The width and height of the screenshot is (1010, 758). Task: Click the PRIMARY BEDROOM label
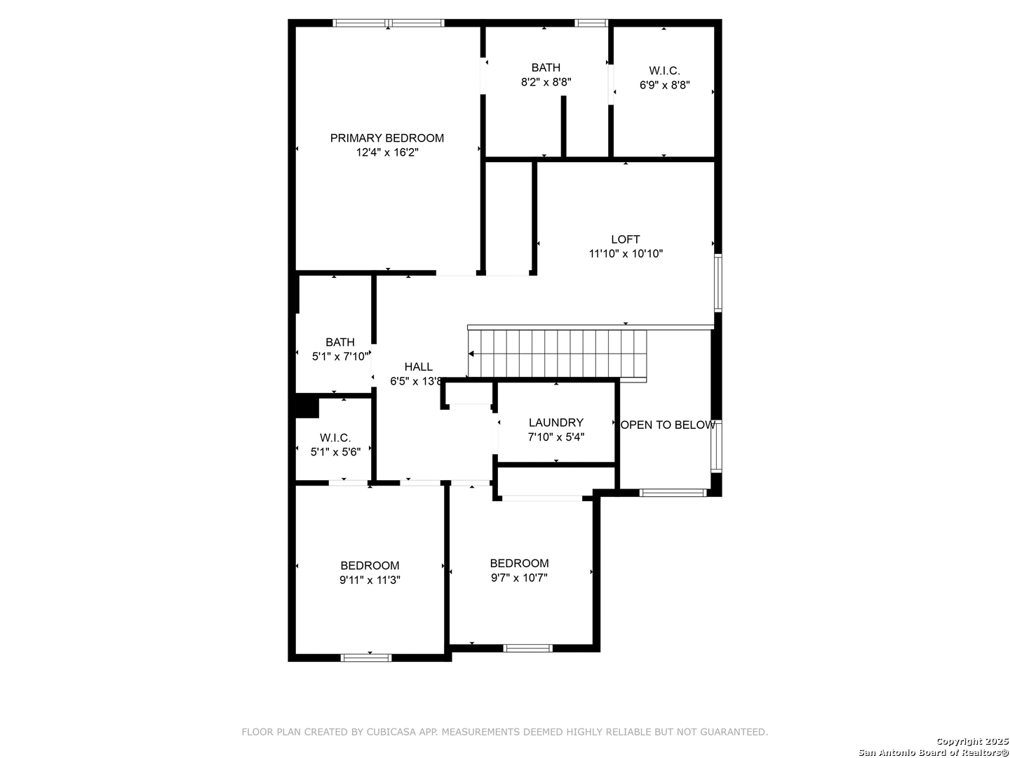(x=387, y=138)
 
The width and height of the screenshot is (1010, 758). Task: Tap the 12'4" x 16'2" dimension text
(x=387, y=152)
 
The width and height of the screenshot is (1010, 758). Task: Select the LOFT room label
(x=626, y=239)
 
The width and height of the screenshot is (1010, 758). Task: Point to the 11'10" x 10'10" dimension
(x=626, y=253)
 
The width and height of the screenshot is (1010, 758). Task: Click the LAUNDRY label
(x=555, y=423)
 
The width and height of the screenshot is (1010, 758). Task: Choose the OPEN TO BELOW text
(x=668, y=425)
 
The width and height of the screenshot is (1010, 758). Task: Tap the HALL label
(x=418, y=367)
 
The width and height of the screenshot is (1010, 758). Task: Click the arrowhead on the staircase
(x=471, y=354)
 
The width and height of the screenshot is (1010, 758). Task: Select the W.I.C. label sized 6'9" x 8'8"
(x=664, y=71)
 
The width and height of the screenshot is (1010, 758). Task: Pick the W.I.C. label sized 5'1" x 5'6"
(x=335, y=438)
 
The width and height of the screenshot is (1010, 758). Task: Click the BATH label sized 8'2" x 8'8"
(x=546, y=67)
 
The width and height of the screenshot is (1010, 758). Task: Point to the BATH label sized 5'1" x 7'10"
(x=340, y=343)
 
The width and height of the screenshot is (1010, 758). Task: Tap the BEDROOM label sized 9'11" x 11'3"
(x=370, y=566)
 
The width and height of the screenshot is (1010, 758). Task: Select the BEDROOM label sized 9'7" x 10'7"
(x=519, y=564)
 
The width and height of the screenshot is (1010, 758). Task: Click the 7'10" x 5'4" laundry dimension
(x=555, y=437)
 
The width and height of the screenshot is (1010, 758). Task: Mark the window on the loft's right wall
(x=718, y=283)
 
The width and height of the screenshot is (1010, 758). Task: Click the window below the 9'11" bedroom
(x=366, y=658)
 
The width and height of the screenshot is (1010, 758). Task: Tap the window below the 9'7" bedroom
(x=527, y=649)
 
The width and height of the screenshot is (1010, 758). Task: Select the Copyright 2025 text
(x=972, y=741)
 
